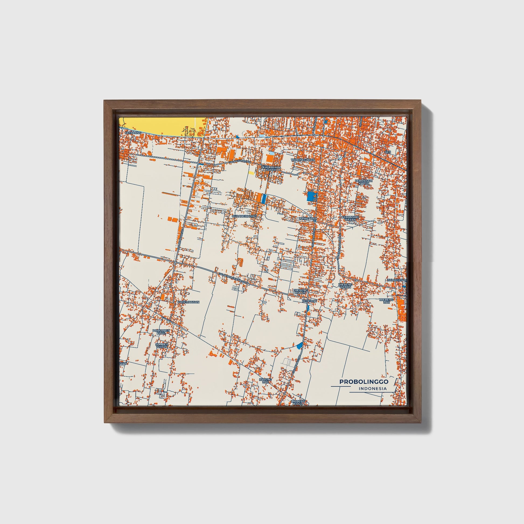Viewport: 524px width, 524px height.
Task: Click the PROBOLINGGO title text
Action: pos(364,382)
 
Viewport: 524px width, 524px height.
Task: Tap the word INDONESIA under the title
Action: pos(372,389)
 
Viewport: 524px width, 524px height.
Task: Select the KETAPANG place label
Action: pos(133,133)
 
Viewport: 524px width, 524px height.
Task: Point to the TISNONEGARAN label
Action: pos(303,160)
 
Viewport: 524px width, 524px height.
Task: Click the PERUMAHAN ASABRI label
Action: pos(270,169)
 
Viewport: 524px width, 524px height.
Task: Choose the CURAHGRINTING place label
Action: pos(244,216)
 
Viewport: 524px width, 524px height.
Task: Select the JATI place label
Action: pos(387,152)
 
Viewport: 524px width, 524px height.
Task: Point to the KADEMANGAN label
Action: pos(188,302)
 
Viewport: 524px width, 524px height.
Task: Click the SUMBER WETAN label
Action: pos(162,345)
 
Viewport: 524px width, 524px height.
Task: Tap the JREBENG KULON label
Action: pos(300,291)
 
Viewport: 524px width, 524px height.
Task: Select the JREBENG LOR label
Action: pos(386,301)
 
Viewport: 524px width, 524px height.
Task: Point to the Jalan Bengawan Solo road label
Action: pos(233,278)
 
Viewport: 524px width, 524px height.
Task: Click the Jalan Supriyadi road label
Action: pos(239,162)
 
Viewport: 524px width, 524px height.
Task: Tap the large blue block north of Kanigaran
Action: pos(311,195)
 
